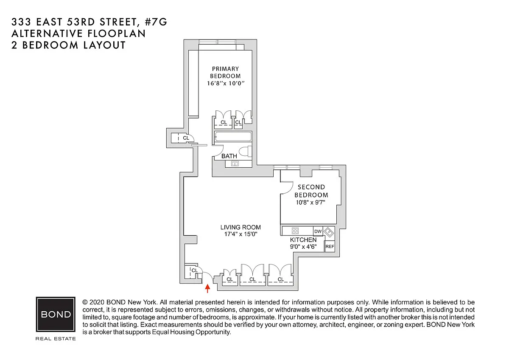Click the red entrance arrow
tap(207, 289)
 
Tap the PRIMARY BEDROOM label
tap(226, 72)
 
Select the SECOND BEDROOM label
tap(311, 191)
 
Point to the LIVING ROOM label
tap(241, 227)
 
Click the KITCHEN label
tap(303, 240)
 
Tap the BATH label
tap(229, 156)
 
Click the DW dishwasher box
tap(318, 231)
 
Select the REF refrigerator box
tap(330, 246)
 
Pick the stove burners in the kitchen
tap(296, 231)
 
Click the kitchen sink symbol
tap(329, 232)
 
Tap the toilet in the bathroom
tap(245, 152)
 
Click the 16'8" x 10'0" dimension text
tap(226, 84)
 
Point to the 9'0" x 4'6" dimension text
tap(303, 247)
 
